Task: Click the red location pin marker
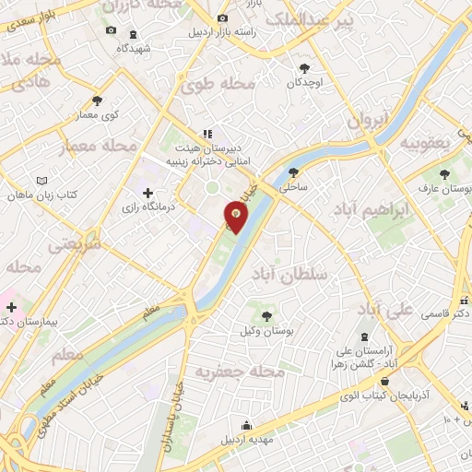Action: [237, 216]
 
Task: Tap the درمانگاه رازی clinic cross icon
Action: [147, 192]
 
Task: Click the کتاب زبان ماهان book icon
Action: [40, 181]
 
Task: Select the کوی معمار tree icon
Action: [98, 100]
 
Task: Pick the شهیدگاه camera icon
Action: [112, 30]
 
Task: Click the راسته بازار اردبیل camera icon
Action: [221, 18]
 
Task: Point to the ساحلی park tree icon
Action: [293, 171]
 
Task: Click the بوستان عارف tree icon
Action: [444, 173]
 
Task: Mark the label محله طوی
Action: [218, 85]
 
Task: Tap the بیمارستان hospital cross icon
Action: [12, 306]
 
